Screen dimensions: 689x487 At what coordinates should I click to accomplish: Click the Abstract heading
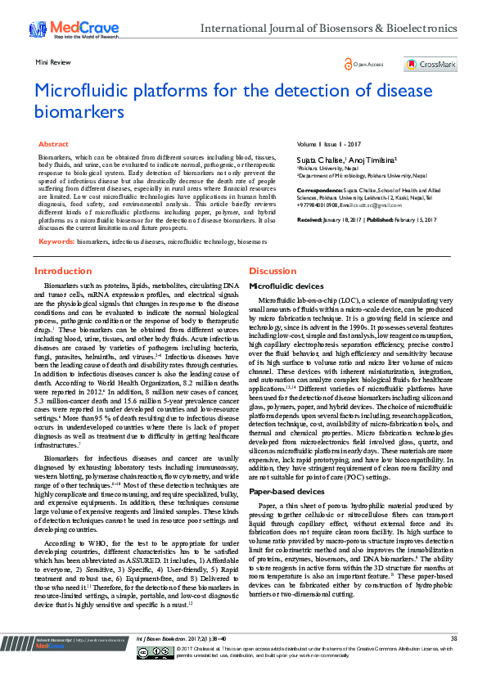(x=53, y=143)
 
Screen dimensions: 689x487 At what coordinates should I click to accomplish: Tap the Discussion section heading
(x=272, y=271)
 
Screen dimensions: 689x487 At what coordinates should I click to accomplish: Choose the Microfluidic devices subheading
(x=286, y=286)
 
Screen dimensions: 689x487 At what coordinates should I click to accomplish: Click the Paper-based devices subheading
(x=286, y=493)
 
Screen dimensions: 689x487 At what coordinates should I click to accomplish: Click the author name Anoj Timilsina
(x=372, y=157)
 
